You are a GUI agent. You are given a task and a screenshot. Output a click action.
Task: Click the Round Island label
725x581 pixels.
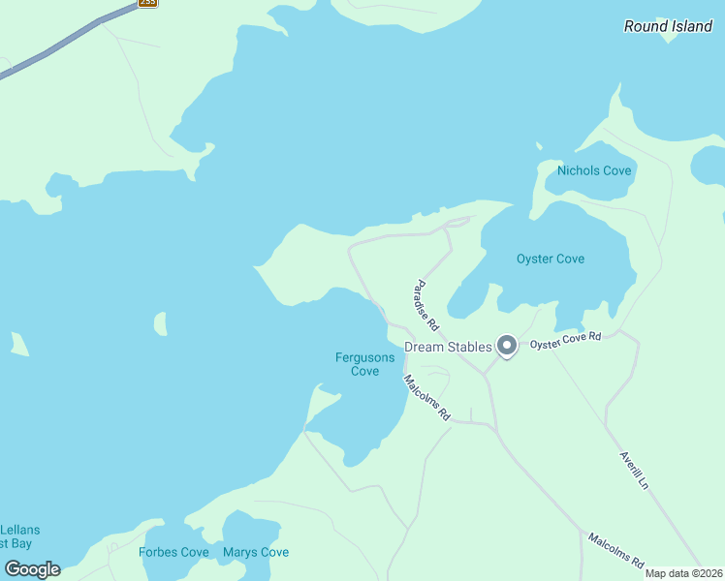click(668, 26)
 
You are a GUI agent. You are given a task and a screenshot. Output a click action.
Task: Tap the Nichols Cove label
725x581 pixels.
click(593, 171)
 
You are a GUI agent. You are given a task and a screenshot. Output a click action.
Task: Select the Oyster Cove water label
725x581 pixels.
click(550, 259)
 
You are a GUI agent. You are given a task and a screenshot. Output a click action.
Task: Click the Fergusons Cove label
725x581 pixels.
click(364, 364)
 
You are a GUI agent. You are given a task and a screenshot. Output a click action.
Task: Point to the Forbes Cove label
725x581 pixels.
click(173, 553)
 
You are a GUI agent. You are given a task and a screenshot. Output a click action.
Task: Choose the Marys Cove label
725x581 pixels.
click(255, 553)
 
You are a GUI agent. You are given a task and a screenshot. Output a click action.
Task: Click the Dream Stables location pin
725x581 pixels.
click(506, 346)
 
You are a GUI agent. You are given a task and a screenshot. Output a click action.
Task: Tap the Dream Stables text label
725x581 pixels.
click(448, 347)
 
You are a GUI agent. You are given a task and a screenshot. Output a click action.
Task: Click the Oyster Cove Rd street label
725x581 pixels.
click(566, 340)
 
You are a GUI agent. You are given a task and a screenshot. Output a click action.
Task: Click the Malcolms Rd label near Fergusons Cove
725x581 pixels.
click(427, 397)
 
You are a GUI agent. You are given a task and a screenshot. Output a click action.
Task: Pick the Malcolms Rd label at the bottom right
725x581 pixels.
click(615, 549)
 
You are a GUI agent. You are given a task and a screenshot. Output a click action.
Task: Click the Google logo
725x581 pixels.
click(32, 569)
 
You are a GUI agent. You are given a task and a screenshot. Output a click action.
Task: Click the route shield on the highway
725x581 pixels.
click(147, 3)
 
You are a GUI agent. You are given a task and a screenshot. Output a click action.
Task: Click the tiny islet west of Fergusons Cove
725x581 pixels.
click(160, 322)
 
